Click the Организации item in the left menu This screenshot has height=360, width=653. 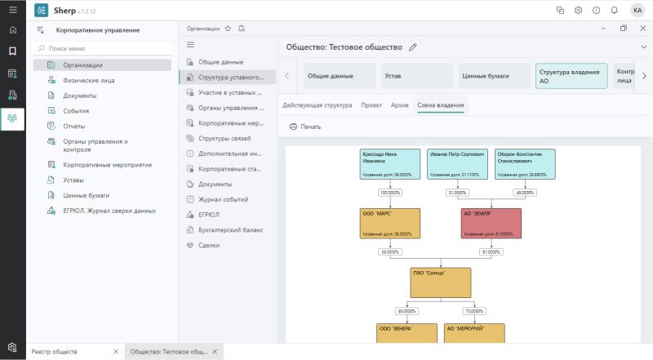[x=82, y=64]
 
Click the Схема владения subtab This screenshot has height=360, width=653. [x=440, y=105]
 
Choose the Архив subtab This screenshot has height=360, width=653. [x=399, y=105]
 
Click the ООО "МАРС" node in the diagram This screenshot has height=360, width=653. [x=390, y=223]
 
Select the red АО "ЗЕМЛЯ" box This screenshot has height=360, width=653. [x=491, y=223]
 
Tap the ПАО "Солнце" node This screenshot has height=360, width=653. [x=441, y=282]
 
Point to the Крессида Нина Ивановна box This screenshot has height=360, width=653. [x=390, y=164]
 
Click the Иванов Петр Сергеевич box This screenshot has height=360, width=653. [x=458, y=164]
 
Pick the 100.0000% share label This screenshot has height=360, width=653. [x=390, y=193]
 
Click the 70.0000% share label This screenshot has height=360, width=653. [x=474, y=311]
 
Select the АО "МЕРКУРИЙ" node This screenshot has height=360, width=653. [x=474, y=333]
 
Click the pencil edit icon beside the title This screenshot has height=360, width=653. [x=413, y=47]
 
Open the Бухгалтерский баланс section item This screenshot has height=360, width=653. [x=230, y=230]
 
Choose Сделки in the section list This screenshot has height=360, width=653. [x=209, y=245]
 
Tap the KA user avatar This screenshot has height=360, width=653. [x=637, y=11]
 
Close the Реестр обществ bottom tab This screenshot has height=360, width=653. [x=116, y=351]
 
